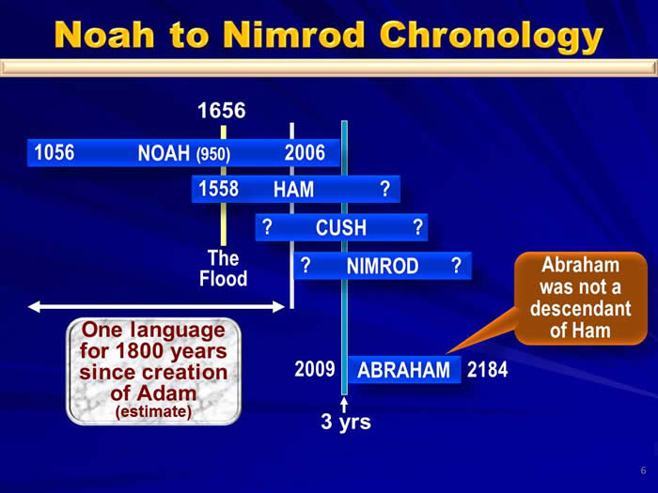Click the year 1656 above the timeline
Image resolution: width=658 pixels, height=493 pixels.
(x=222, y=111)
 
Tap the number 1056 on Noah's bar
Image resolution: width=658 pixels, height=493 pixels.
(x=55, y=152)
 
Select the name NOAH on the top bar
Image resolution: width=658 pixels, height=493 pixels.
(x=164, y=153)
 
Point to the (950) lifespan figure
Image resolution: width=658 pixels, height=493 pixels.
(x=213, y=154)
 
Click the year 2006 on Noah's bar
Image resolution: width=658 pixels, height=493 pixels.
(x=305, y=152)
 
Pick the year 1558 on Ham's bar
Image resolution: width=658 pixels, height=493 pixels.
(x=218, y=189)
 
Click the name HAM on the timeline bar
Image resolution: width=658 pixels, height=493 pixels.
(x=293, y=189)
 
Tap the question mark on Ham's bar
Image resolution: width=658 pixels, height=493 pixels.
(x=384, y=189)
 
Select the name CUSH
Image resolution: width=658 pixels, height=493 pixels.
(x=340, y=227)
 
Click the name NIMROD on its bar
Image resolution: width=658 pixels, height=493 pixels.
(x=383, y=266)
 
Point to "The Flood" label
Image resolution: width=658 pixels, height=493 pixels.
(x=224, y=269)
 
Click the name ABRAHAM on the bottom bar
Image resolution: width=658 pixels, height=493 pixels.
(x=403, y=370)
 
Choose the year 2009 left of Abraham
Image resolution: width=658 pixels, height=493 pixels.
(x=315, y=369)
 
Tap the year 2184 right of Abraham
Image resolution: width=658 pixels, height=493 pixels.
(x=487, y=369)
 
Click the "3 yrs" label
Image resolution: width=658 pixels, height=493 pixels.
(x=346, y=422)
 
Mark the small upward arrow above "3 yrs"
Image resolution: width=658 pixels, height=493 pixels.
(x=344, y=405)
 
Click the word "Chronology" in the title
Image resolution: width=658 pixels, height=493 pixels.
(x=491, y=37)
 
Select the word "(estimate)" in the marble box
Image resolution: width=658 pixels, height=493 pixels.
(x=153, y=411)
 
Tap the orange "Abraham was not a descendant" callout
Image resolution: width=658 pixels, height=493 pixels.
(x=581, y=298)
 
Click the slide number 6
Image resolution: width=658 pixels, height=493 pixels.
(x=643, y=470)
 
